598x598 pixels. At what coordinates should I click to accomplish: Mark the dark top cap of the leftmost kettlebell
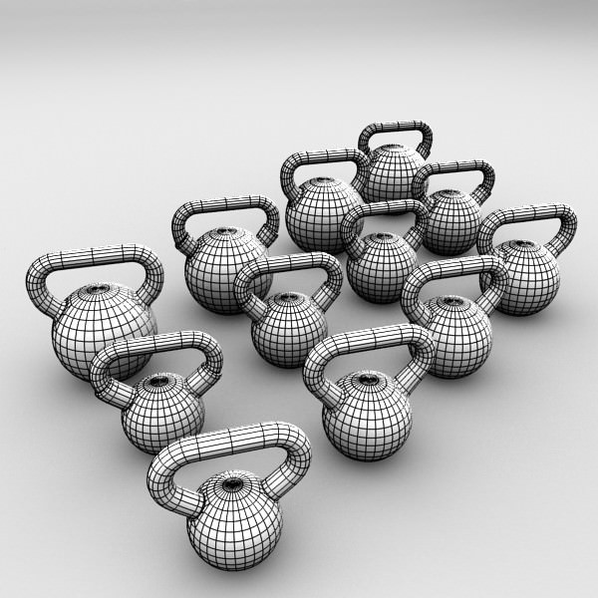point(97,291)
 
